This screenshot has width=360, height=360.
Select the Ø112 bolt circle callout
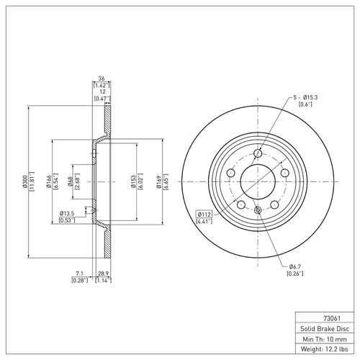(x=204, y=215)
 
